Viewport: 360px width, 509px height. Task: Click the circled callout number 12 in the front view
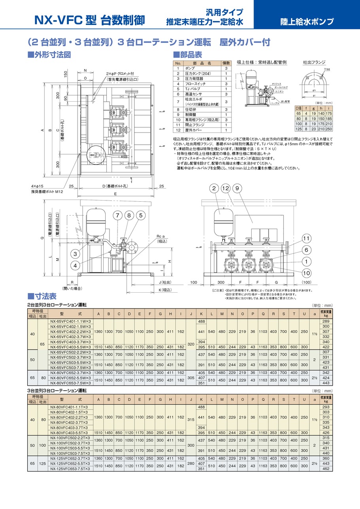click(x=225, y=189)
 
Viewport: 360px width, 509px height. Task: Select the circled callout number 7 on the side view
click(x=117, y=216)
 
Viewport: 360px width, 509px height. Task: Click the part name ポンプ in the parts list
click(x=190, y=68)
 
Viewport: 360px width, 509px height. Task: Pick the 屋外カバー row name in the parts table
click(x=193, y=130)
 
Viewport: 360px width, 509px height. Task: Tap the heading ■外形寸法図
click(x=49, y=55)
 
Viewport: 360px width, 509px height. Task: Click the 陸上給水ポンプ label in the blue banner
click(x=307, y=21)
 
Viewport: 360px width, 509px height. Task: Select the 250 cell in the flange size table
click(x=329, y=129)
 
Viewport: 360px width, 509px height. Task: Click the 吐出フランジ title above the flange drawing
click(x=314, y=62)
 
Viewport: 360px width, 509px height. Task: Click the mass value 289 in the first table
click(x=326, y=321)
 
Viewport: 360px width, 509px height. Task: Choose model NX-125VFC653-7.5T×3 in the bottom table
click(x=69, y=469)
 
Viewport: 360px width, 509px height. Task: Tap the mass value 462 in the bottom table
click(x=326, y=469)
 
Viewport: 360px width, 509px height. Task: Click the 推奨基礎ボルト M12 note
click(x=47, y=191)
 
